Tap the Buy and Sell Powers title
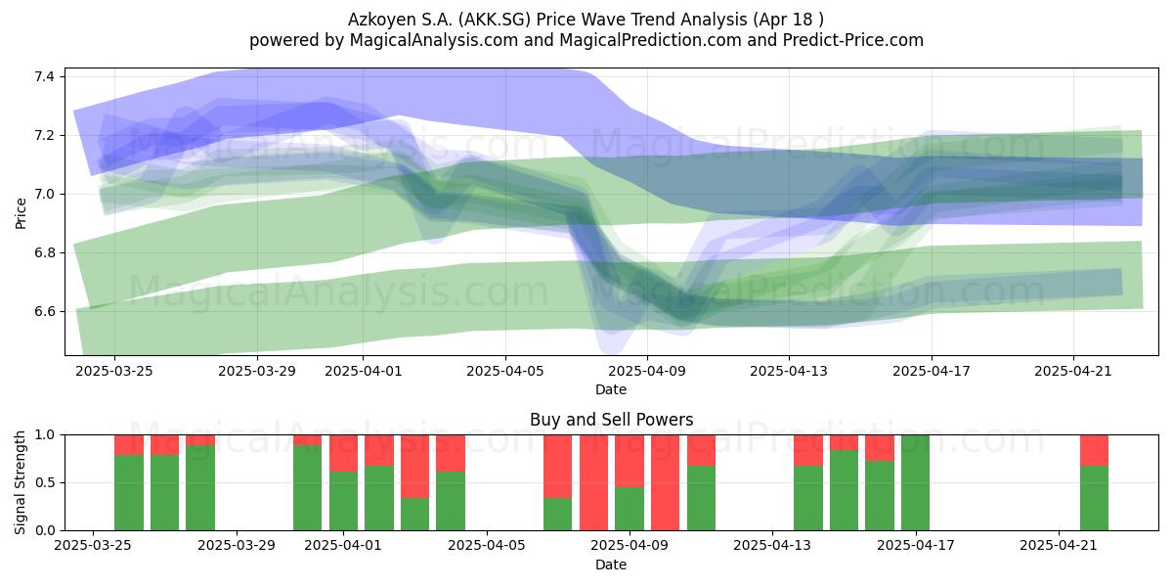pos(611,420)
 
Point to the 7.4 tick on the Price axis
pos(44,77)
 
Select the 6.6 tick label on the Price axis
pos(44,312)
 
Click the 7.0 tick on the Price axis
pos(44,195)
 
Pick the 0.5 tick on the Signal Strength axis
pos(45,482)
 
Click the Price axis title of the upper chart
pos(21,213)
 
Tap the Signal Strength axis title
pos(20,482)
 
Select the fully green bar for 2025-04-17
pos(915,482)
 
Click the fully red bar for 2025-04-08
pos(594,482)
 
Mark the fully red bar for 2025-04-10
pos(665,482)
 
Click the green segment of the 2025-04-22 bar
pos(1095,498)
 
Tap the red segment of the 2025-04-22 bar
pos(1095,450)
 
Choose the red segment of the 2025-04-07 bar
pos(558,467)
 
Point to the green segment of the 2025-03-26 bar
pos(129,493)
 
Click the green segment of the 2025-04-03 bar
pos(414,515)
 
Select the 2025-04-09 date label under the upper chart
pos(647,371)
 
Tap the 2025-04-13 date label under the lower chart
pos(772,546)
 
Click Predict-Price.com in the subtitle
pos(853,40)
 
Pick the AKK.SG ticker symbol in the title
pos(496,20)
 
